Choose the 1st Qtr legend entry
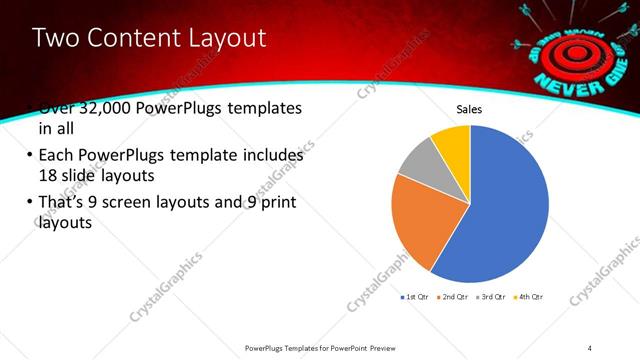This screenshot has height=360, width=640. pyautogui.click(x=416, y=297)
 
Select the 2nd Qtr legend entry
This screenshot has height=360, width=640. pyautogui.click(x=454, y=297)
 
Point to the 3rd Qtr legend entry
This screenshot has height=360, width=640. pyautogui.click(x=492, y=297)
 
